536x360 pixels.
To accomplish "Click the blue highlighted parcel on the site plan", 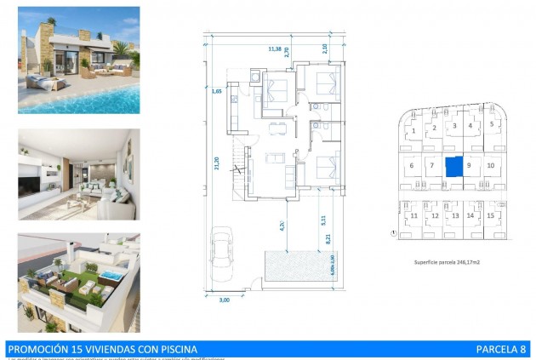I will tap(455, 166).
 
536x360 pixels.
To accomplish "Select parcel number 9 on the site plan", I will tap(470, 165).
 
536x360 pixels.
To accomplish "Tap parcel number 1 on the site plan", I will tap(413, 131).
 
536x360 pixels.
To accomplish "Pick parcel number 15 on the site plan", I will tap(491, 216).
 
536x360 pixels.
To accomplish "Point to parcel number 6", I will tap(412, 165).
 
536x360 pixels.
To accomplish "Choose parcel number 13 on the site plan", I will tap(455, 216).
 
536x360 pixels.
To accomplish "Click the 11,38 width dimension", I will tap(274, 49).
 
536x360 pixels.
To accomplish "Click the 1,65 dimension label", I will tap(218, 89).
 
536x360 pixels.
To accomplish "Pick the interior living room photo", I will tap(78, 174).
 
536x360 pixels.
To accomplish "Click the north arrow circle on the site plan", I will tap(393, 231).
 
